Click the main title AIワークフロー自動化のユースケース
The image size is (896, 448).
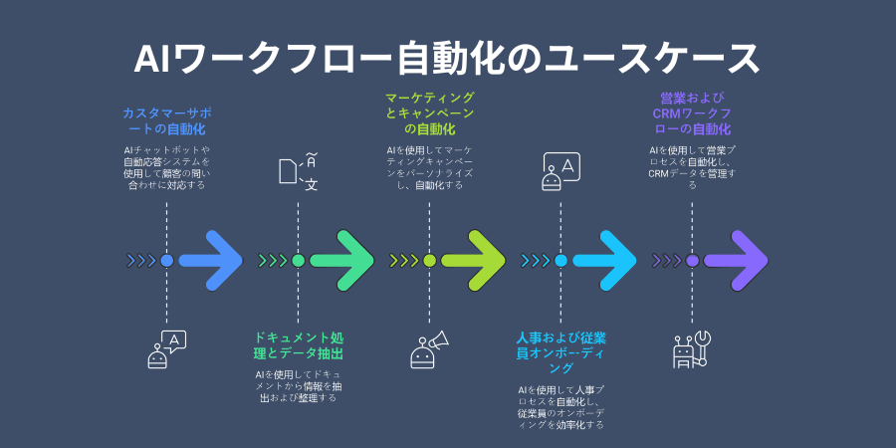[447, 58]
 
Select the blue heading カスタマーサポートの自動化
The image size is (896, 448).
[166, 121]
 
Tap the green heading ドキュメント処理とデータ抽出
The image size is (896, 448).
[298, 344]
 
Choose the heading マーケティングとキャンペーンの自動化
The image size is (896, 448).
[429, 113]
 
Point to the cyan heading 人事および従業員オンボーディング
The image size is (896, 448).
[560, 352]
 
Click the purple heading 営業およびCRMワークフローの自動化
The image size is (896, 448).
[692, 113]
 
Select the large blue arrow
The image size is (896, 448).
[211, 261]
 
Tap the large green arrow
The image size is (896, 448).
[342, 261]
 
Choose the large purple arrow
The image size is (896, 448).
[737, 261]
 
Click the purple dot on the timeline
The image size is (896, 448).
[692, 261]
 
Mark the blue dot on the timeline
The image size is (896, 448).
[166, 261]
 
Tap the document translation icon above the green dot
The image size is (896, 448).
[298, 170]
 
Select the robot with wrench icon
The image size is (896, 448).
[691, 349]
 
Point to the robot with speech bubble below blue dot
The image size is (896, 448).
[166, 349]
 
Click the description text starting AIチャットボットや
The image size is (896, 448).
[166, 166]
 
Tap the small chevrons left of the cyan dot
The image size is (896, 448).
[535, 261]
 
